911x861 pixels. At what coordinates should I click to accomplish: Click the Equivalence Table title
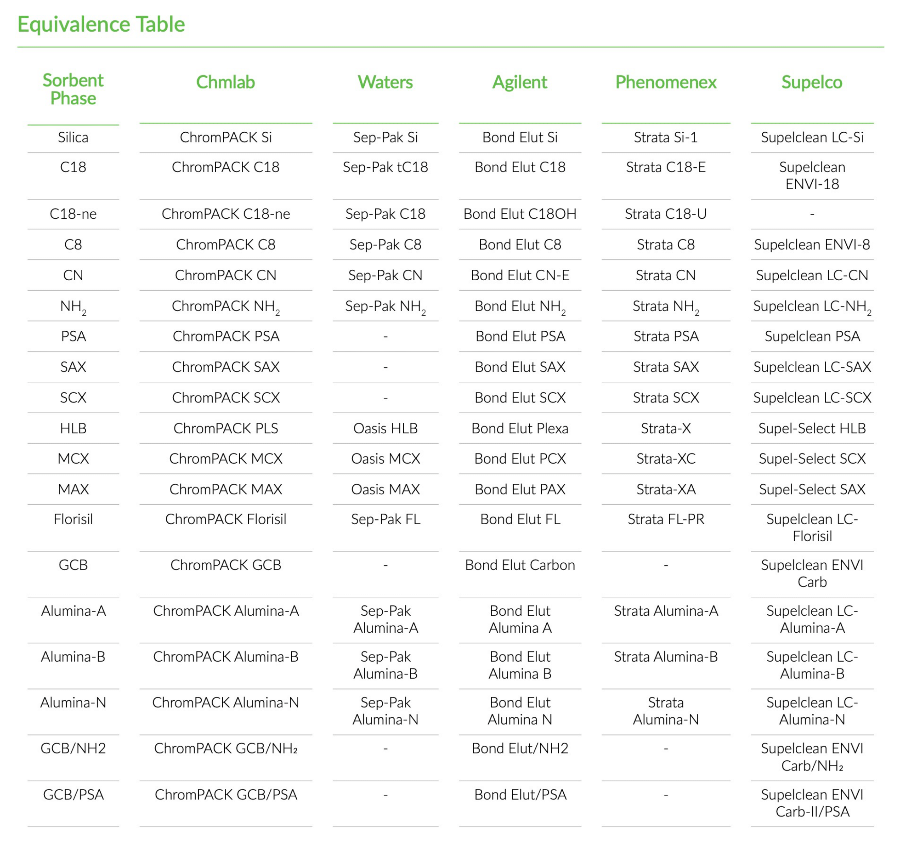coord(101,24)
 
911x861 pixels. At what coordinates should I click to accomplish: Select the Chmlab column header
coord(225,82)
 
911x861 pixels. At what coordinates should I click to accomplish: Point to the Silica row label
coord(73,137)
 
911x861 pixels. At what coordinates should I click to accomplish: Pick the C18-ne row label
coord(73,214)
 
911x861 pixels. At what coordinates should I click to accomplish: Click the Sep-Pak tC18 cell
coord(385,167)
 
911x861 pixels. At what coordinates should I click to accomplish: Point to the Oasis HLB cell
coord(385,428)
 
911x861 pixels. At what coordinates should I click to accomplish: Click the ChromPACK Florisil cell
coord(225,519)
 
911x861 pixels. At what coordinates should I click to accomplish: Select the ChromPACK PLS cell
coord(225,428)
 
